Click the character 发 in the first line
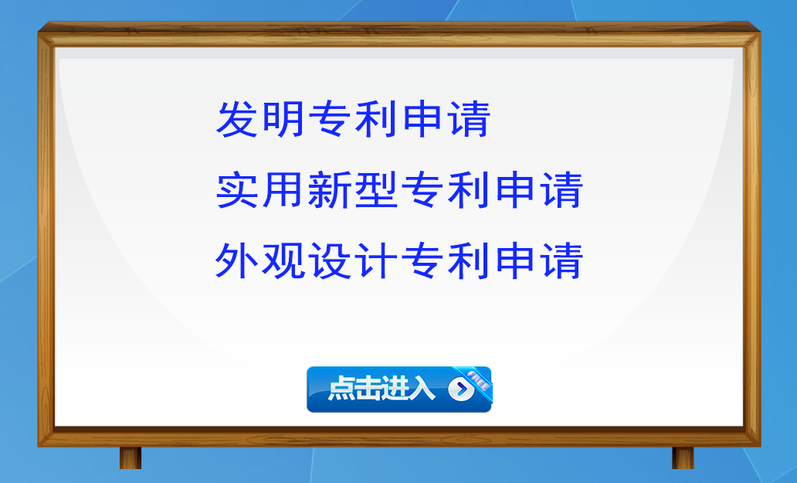(237, 120)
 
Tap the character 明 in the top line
(283, 120)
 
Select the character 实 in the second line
(237, 191)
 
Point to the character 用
(283, 191)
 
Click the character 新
(329, 191)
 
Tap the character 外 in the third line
(236, 260)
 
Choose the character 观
(283, 260)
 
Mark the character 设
(329, 260)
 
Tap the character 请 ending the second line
(560, 191)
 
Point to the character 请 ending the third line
(560, 260)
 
